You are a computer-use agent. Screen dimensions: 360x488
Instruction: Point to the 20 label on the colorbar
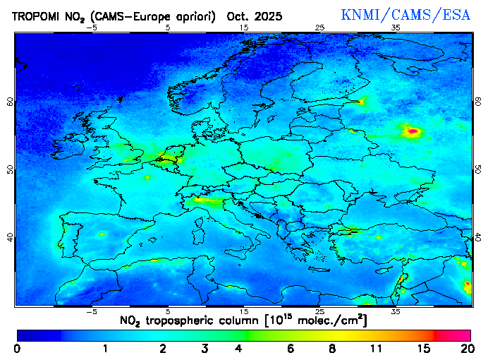click(465, 348)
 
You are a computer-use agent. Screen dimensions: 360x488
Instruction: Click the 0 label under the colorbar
click(17, 348)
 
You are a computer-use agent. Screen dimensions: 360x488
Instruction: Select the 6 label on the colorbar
click(291, 348)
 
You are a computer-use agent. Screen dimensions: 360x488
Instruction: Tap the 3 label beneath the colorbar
click(205, 348)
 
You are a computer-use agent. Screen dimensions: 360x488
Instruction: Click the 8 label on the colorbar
click(331, 348)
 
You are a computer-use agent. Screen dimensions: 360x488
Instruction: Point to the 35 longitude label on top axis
click(396, 28)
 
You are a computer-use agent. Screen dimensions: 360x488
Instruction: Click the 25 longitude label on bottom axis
click(319, 311)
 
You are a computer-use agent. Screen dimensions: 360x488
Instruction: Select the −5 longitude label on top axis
click(91, 28)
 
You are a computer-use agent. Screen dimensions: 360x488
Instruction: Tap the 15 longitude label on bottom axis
click(244, 311)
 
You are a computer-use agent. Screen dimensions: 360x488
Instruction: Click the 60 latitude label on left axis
click(10, 101)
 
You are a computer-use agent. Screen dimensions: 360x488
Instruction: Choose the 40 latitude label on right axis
click(478, 237)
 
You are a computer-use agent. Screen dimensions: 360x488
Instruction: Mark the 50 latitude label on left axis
click(10, 169)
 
